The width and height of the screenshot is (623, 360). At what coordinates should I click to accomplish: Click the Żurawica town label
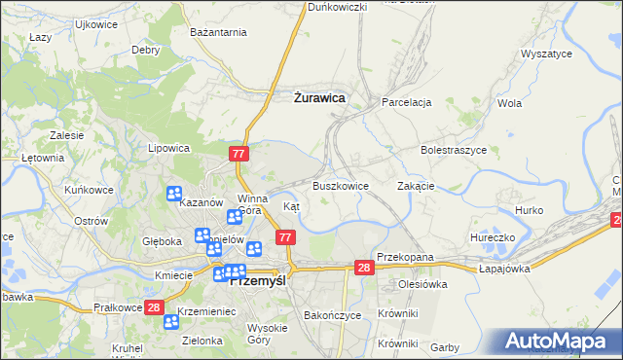click(x=318, y=97)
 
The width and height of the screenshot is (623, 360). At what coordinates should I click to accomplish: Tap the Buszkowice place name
click(x=340, y=186)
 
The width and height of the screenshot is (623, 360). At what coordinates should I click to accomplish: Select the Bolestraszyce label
click(x=454, y=151)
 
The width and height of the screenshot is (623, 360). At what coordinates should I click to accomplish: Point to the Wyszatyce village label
click(x=546, y=54)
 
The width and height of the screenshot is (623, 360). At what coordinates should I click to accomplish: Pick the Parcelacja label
click(x=406, y=102)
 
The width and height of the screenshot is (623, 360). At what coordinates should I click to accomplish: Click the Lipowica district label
click(x=167, y=149)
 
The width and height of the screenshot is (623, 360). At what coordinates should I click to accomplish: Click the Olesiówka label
click(x=421, y=285)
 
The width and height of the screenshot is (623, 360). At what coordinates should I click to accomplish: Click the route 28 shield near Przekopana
click(x=364, y=268)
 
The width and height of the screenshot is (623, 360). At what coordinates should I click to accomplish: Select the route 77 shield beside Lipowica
click(x=240, y=154)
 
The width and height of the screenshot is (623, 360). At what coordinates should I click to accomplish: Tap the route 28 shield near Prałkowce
click(x=154, y=307)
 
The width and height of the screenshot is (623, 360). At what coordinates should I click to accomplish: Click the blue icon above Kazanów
click(x=175, y=195)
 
